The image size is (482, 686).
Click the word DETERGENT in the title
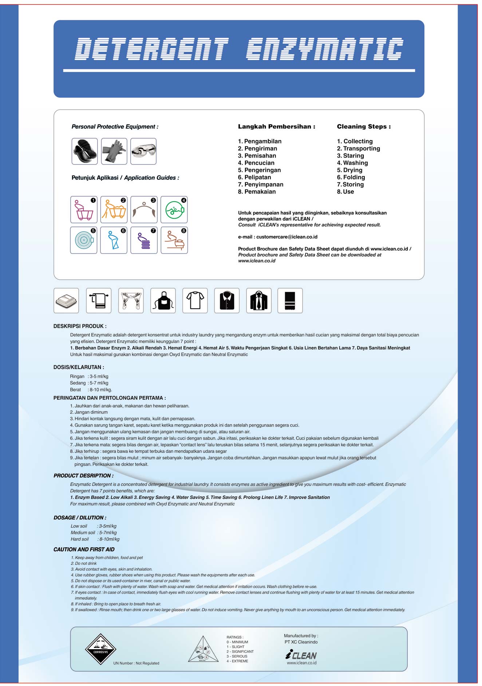pyautogui.click(x=151, y=49)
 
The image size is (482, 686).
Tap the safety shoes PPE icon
pyautogui.click(x=84, y=151)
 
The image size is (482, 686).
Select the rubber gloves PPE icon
pyautogui.click(x=114, y=151)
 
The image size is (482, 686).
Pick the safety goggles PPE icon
pyautogui.click(x=143, y=151)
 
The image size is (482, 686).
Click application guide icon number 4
pyautogui.click(x=174, y=210)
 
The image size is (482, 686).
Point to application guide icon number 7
pyautogui.click(x=144, y=240)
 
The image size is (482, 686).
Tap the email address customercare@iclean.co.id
pyautogui.click(x=287, y=237)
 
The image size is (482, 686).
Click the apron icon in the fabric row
pyautogui.click(x=163, y=301)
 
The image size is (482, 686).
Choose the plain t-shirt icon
pyautogui.click(x=195, y=301)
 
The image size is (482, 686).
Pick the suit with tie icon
pyautogui.click(x=259, y=301)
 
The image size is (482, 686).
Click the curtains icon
pyautogui.click(x=131, y=301)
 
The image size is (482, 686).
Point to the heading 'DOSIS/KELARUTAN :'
pyautogui.click(x=79, y=367)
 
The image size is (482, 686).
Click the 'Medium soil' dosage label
pyautogui.click(x=83, y=532)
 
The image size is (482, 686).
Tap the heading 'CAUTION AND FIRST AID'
pyautogui.click(x=84, y=550)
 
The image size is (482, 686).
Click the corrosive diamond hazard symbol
pyautogui.click(x=100, y=649)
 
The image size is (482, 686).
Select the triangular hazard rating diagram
pyautogui.click(x=203, y=650)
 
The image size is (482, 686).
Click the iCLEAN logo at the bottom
pyautogui.click(x=301, y=655)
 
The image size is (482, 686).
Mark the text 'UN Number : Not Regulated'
pyautogui.click(x=136, y=663)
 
